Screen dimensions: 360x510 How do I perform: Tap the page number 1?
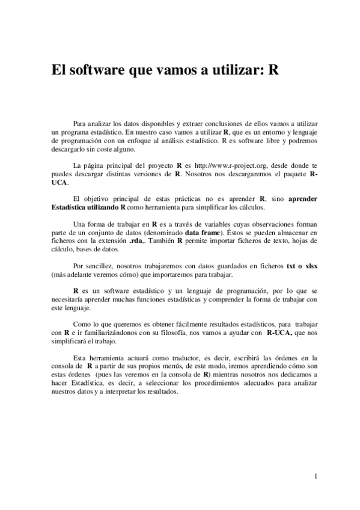(x=315, y=477)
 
